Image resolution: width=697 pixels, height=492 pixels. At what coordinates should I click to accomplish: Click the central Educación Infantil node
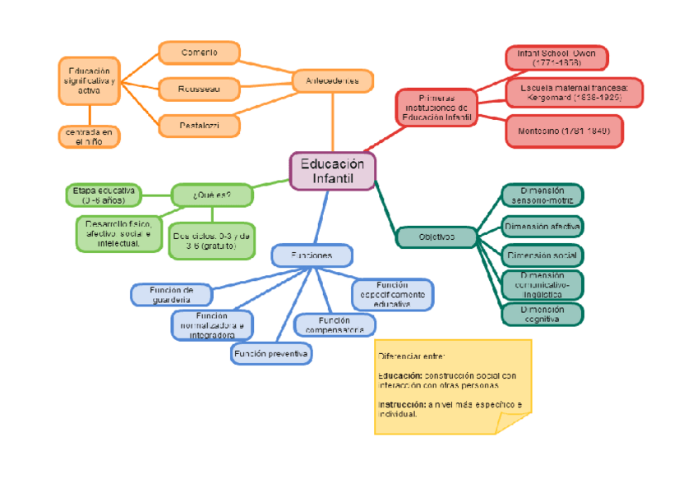point(332,171)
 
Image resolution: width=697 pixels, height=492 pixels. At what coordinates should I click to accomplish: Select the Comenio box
point(199,53)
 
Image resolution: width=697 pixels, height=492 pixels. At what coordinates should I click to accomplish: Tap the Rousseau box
point(199,87)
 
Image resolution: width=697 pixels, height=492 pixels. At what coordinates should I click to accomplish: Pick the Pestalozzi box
point(199,126)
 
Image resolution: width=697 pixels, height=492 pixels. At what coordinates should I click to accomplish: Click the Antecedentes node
point(332,80)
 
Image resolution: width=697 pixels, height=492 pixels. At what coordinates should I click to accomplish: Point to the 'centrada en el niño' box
point(89,136)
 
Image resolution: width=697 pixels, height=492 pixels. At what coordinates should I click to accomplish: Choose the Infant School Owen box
point(556,57)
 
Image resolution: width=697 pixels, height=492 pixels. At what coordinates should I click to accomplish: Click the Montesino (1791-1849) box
point(564,131)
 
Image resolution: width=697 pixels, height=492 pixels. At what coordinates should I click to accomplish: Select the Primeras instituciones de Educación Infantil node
point(436,108)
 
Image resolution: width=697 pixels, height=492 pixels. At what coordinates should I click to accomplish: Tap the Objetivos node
point(436,237)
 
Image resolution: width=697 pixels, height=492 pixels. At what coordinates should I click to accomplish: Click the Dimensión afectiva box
point(542,225)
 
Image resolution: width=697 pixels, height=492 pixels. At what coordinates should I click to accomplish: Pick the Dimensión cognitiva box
point(542,314)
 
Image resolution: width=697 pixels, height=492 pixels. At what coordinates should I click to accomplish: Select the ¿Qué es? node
point(211,195)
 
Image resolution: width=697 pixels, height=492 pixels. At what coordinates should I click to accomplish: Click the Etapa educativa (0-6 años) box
point(103,195)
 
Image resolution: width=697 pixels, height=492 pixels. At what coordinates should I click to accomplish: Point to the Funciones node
point(312,255)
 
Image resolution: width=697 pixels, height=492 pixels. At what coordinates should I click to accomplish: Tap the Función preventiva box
point(271,354)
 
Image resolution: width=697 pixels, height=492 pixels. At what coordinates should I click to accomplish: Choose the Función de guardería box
point(171,294)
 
